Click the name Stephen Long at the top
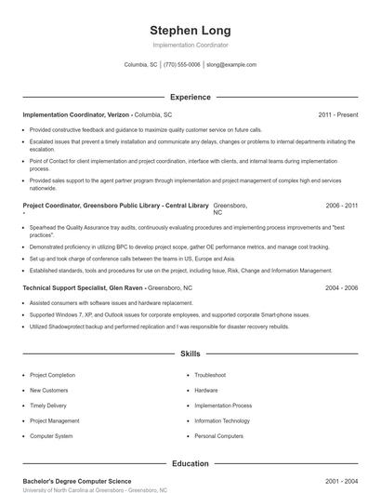[190, 30]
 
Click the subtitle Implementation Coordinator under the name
[190, 45]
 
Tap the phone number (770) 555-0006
[182, 65]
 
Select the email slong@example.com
[231, 65]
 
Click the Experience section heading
[190, 97]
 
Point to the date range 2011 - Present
[338, 114]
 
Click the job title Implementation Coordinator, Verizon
[76, 114]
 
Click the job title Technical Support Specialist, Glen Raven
[84, 288]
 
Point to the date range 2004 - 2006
[342, 288]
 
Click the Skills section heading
[190, 353]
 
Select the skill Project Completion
[53, 375]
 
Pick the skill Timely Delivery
[49, 406]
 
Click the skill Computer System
[51, 435]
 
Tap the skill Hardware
[206, 390]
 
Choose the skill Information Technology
[222, 420]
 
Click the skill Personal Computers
[219, 435]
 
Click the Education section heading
[190, 463]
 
